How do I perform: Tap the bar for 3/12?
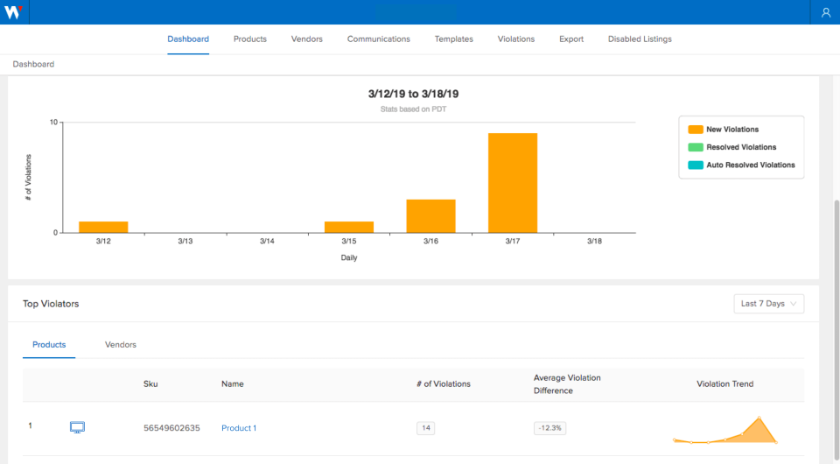(x=103, y=227)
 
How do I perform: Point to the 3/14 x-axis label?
(x=267, y=241)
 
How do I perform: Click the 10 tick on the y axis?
(x=53, y=123)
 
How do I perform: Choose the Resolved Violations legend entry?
(x=740, y=147)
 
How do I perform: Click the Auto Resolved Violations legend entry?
(x=750, y=165)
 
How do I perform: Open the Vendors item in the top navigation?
(x=307, y=39)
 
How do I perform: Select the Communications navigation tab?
(x=379, y=39)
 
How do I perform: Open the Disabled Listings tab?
(x=640, y=39)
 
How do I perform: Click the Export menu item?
(x=571, y=39)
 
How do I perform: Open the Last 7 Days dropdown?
(x=768, y=304)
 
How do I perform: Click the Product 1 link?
(x=239, y=428)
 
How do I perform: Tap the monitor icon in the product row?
(x=77, y=427)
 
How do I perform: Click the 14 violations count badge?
(x=425, y=428)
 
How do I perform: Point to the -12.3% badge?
(x=550, y=428)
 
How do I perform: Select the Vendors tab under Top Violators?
(x=121, y=345)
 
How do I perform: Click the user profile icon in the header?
(x=826, y=12)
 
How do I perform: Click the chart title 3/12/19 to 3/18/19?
(x=414, y=93)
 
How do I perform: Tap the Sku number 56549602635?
(x=171, y=428)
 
